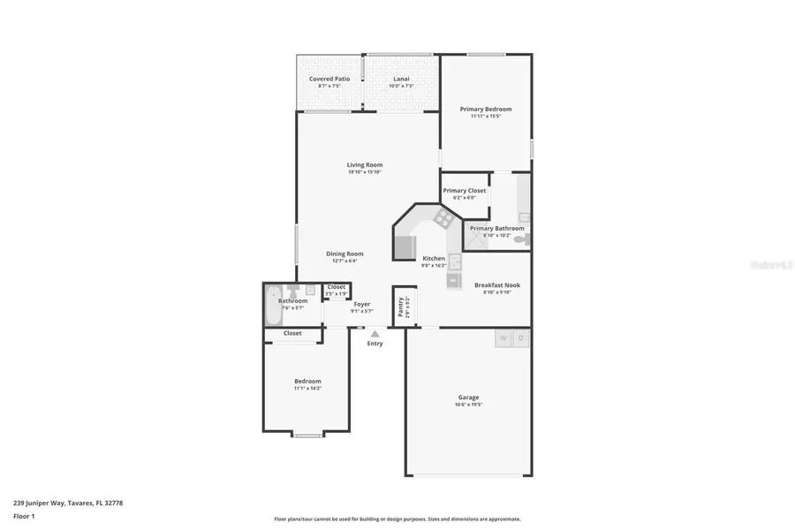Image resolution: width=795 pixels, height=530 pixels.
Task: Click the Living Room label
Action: (x=364, y=165)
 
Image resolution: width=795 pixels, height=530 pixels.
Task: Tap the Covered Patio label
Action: (x=329, y=79)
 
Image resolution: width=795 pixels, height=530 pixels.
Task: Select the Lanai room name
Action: (x=402, y=79)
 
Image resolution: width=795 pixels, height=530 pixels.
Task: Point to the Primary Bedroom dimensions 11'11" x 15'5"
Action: (x=485, y=117)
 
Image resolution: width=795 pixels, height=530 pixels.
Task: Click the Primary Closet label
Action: (x=464, y=191)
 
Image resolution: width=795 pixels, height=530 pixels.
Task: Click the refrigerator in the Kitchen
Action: (x=405, y=247)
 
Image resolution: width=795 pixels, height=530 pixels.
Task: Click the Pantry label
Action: (x=400, y=307)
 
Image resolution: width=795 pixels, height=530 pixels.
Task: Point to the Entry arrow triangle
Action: (x=375, y=334)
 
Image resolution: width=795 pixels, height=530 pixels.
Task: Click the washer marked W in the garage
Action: (x=503, y=338)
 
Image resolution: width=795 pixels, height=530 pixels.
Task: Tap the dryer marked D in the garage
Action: (x=521, y=338)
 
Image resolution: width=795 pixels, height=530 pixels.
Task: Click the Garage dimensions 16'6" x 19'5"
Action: (x=468, y=405)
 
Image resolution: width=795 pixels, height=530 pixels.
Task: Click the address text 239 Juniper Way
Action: (x=48, y=503)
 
